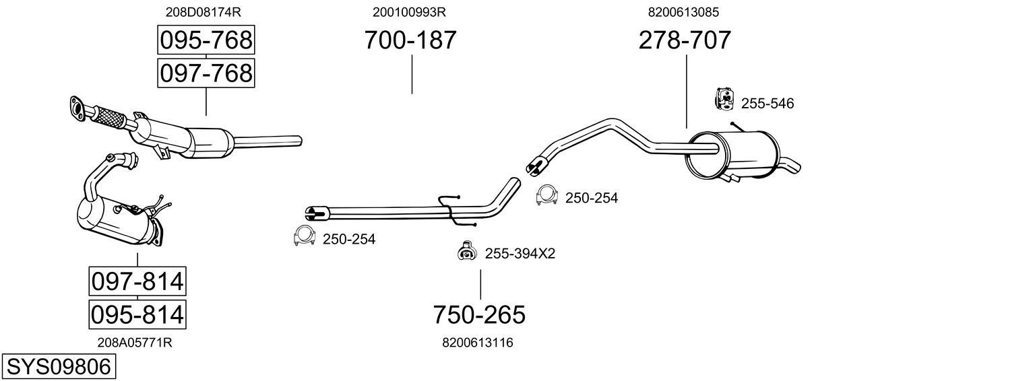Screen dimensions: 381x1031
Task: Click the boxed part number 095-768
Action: tap(206, 41)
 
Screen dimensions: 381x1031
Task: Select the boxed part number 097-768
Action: tap(206, 73)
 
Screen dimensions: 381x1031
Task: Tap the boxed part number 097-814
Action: tap(137, 281)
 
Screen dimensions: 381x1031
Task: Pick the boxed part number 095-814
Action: tap(137, 314)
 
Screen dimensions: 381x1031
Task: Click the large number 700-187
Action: tap(410, 40)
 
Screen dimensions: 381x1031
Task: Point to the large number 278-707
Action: tap(684, 40)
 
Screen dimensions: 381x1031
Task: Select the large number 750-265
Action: tap(478, 314)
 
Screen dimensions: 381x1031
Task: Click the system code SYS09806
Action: tap(57, 367)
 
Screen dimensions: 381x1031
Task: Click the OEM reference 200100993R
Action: tap(409, 12)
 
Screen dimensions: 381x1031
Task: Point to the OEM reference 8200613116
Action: tap(478, 343)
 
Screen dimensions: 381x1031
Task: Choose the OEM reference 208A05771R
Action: tap(135, 343)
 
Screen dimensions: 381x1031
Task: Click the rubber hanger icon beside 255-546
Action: tap(724, 99)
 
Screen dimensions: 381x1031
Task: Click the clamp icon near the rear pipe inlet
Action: tap(546, 195)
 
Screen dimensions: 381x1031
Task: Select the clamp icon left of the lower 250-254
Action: tap(305, 236)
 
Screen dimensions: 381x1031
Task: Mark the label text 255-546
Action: tap(768, 104)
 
